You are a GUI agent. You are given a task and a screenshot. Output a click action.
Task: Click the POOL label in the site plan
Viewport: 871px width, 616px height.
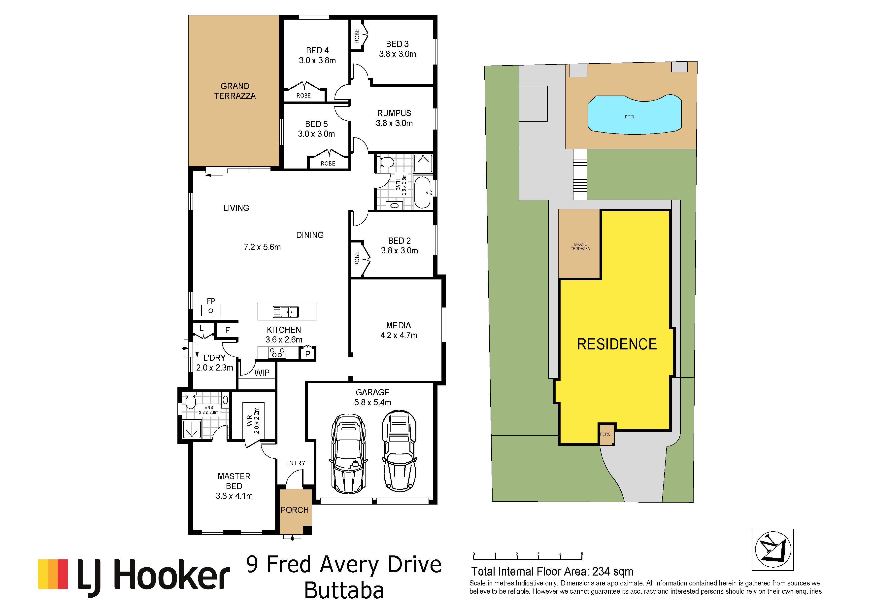click(630, 117)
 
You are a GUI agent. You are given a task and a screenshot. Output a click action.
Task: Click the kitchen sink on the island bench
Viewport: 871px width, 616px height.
click(286, 312)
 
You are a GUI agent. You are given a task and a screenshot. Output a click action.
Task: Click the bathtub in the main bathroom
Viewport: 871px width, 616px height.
click(423, 192)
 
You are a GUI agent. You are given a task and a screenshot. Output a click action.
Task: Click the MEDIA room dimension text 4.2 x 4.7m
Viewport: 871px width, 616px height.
click(399, 335)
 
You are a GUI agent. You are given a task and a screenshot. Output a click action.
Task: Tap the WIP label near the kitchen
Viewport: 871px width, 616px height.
click(262, 373)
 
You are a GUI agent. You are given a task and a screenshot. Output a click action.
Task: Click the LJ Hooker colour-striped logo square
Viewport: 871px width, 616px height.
click(53, 574)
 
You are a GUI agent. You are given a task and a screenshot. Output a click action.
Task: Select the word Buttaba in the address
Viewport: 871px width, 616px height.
click(344, 591)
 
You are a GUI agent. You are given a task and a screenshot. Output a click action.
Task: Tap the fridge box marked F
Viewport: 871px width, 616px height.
click(227, 330)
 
